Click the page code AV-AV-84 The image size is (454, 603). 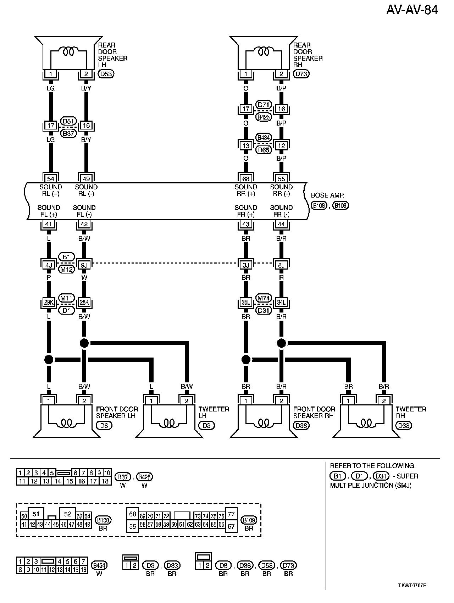412,10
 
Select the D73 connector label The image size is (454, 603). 301,74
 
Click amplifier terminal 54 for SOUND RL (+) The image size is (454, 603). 51,179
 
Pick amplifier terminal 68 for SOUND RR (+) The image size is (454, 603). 246,179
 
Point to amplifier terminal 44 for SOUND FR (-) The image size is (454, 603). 281,224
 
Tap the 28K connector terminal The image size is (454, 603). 84,303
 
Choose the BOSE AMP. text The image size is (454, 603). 327,195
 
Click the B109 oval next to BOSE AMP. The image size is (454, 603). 341,205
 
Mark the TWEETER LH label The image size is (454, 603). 214,412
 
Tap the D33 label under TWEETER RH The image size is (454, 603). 403,425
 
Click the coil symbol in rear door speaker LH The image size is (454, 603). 68,52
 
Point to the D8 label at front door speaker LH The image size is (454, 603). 104,425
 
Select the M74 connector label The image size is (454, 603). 264,298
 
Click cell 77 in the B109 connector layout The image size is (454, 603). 231,514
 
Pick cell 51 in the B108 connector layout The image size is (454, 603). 35,514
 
